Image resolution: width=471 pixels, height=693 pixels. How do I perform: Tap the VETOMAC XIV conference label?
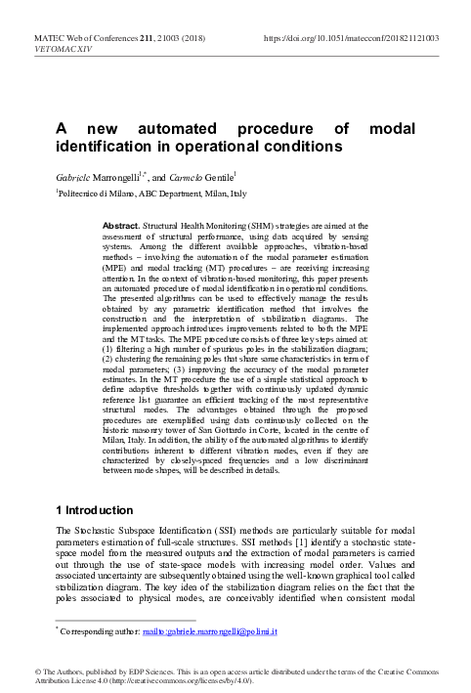point(58,48)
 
